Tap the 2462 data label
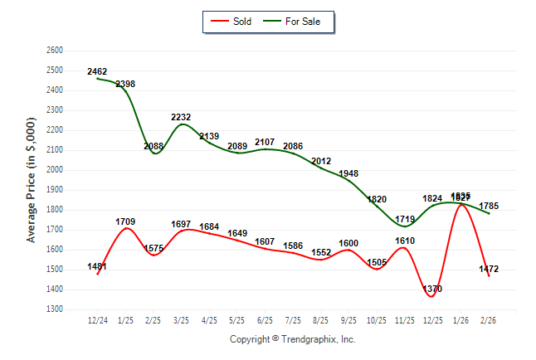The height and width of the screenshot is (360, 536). [x=97, y=72]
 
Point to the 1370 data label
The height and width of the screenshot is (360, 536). [x=432, y=289]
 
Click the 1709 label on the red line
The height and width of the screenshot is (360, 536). [x=125, y=221]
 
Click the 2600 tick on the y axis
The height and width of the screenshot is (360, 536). [x=55, y=51]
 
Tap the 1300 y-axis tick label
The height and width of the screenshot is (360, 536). [x=55, y=309]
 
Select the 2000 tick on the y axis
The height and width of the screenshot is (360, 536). [x=55, y=170]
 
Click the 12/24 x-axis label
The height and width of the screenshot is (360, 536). [x=97, y=319]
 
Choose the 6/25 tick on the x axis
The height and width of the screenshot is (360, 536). [x=265, y=319]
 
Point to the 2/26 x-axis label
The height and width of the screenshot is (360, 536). [x=488, y=319]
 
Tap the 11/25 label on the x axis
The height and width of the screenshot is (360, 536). [x=404, y=319]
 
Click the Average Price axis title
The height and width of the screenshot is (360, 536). [x=32, y=180]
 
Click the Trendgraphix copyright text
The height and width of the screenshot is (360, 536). [x=292, y=339]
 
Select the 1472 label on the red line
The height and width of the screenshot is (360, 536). [x=488, y=270]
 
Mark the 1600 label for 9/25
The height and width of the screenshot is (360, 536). [x=348, y=243]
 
